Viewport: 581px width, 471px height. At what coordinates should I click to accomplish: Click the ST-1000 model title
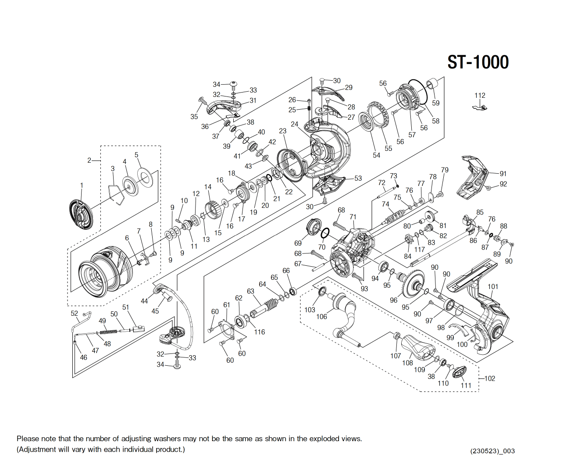click(x=478, y=62)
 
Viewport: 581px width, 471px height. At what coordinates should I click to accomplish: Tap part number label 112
click(x=480, y=95)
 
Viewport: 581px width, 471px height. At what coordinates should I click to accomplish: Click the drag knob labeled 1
click(x=81, y=214)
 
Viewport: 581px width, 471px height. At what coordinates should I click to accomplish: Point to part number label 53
click(x=358, y=178)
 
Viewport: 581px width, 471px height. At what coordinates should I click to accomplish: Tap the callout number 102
click(x=489, y=378)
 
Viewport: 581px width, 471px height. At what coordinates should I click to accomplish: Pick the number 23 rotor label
click(x=283, y=131)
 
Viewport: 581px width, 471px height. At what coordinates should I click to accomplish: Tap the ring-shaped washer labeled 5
click(x=144, y=176)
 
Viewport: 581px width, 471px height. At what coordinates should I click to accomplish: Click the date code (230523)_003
click(x=492, y=451)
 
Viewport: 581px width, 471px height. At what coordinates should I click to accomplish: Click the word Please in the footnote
click(x=28, y=439)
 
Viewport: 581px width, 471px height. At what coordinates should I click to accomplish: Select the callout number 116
click(x=260, y=332)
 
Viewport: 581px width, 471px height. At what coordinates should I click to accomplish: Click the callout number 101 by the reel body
click(x=493, y=287)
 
